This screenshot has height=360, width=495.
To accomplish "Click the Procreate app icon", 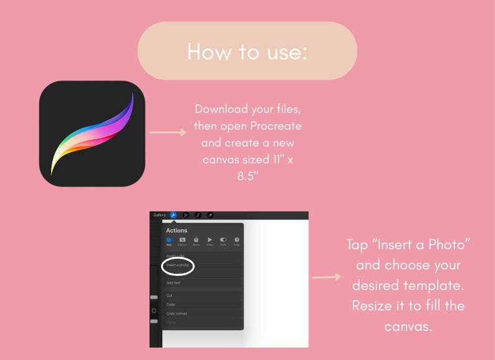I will [92, 133].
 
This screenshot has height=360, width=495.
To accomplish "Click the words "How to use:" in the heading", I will [247, 51].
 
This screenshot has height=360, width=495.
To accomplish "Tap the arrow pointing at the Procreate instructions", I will [168, 132].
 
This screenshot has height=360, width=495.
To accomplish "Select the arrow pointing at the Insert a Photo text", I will [326, 276].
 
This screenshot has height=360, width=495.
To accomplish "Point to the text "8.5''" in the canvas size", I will [247, 177].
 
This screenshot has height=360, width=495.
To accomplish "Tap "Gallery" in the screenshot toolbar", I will [160, 215].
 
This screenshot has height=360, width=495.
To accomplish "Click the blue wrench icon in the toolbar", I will [173, 215].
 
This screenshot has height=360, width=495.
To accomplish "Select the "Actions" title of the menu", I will [176, 231].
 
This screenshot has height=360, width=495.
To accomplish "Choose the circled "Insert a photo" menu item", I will [178, 265].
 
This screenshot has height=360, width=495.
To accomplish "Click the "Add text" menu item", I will [173, 283].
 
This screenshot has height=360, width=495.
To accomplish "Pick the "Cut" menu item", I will [170, 296].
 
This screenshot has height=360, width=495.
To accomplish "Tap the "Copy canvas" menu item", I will [176, 313].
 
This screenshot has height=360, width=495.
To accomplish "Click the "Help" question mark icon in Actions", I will [237, 240].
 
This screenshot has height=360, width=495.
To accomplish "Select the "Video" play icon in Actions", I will [209, 240].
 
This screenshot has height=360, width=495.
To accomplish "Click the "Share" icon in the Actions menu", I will [196, 240].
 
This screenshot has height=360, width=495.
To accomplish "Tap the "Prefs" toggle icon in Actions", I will [223, 240].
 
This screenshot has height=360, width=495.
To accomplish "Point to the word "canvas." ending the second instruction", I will [408, 326].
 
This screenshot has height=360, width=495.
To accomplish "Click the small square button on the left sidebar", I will [154, 310].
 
